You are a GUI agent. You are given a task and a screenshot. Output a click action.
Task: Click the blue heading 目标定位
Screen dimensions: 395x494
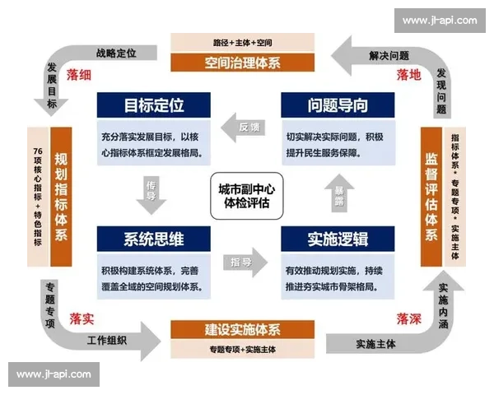click(153, 105)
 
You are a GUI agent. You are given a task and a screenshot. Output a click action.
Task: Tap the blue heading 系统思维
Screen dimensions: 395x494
click(153, 239)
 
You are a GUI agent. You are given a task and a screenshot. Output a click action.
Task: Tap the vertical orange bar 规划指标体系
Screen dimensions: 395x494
click(61, 196)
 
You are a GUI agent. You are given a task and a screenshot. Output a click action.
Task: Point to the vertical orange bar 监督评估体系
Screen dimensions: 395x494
click(431, 196)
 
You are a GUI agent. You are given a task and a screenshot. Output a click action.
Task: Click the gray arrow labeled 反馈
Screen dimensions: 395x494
click(245, 128)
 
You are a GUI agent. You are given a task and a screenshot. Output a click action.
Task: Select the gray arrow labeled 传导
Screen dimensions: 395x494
click(151, 193)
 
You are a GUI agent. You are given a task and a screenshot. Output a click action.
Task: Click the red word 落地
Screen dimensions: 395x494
click(408, 75)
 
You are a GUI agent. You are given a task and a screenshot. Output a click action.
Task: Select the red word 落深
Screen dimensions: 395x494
click(408, 318)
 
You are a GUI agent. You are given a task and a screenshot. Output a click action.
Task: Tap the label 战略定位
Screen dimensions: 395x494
click(115, 53)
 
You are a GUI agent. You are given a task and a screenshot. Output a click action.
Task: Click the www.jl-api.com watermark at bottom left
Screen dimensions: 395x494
click(54, 374)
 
